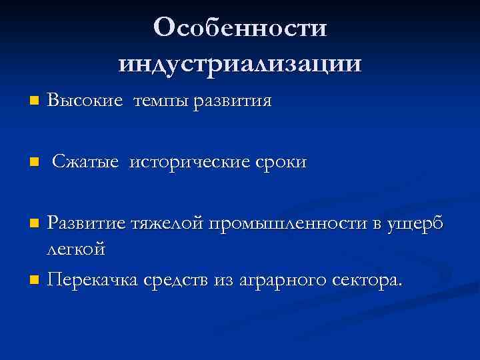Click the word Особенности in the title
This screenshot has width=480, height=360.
point(240,28)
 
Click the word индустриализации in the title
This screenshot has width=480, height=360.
point(240,63)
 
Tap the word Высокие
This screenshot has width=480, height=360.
point(85,101)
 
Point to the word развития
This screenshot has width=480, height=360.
point(232,102)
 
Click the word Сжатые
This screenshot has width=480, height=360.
point(87,162)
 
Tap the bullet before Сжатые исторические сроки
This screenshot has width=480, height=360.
point(34,163)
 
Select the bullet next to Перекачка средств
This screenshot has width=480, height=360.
point(34,279)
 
